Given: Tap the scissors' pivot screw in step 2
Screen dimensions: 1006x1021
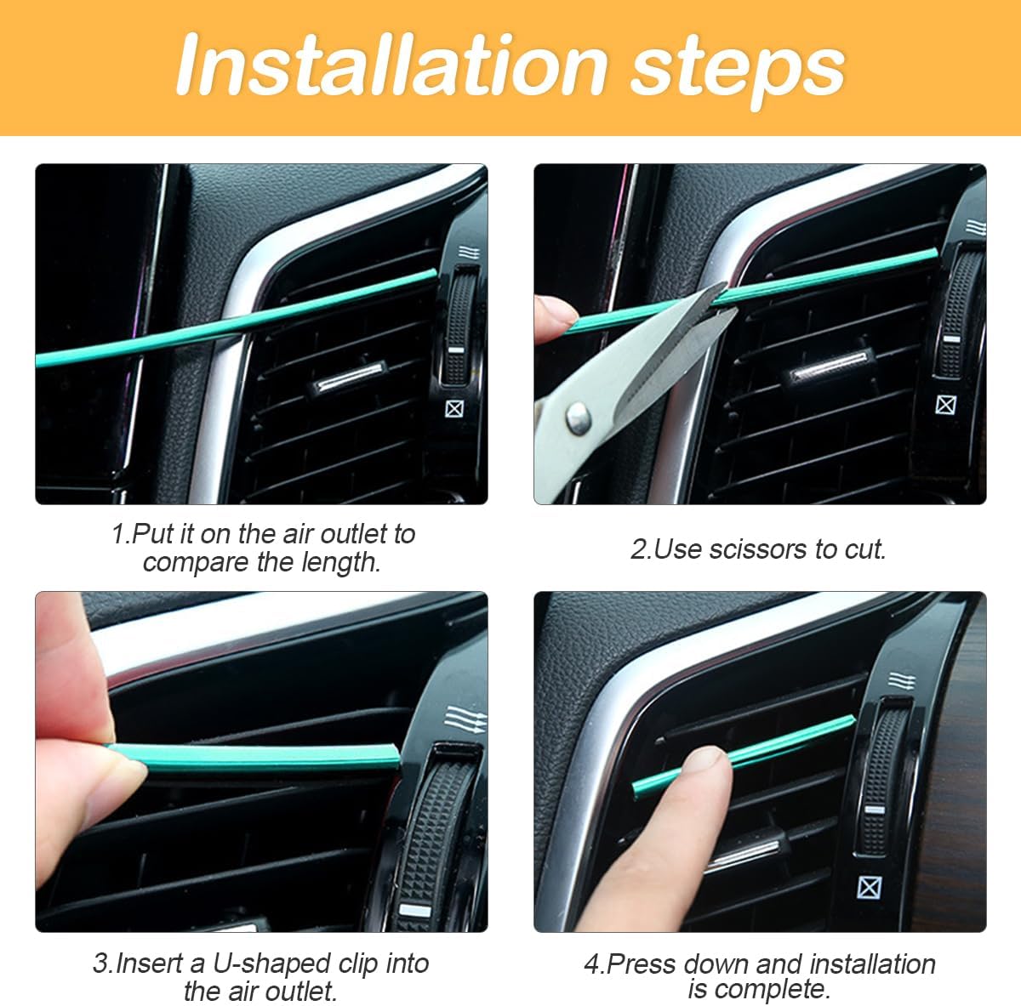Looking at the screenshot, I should coord(578,415).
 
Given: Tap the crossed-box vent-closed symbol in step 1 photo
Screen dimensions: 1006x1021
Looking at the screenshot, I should coord(455,409).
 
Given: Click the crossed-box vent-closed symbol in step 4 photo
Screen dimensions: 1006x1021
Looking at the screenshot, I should coord(869,888).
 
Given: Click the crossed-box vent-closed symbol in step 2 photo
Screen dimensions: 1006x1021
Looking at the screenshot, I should coord(945,404).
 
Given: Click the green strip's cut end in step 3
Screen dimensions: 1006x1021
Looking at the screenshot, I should coord(393,753).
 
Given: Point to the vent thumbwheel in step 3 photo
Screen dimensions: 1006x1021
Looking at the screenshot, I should coord(431,833).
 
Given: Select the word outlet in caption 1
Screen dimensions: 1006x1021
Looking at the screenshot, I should coord(345,534).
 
